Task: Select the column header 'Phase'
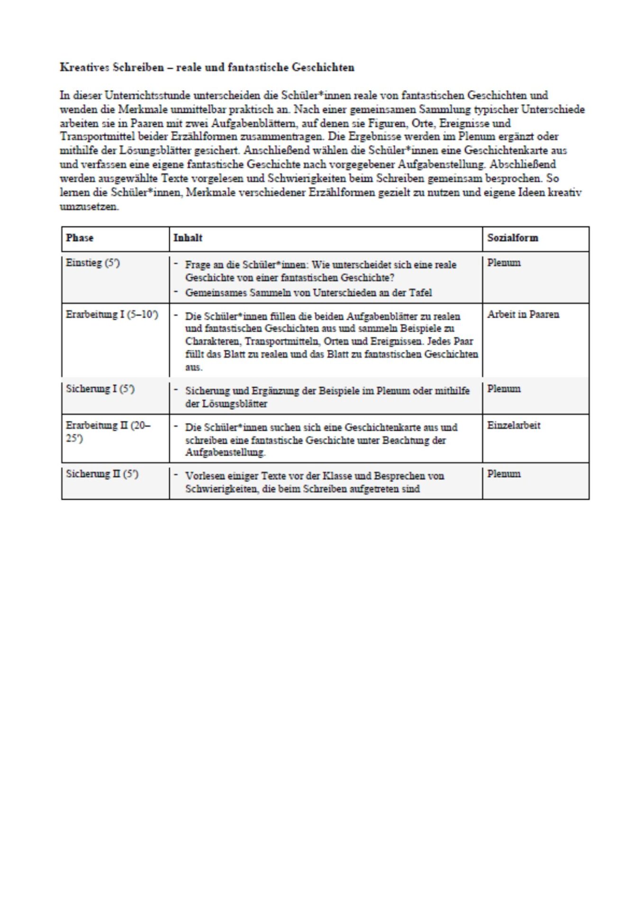click(80, 238)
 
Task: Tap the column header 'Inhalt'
click(188, 238)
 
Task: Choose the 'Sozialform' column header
click(513, 238)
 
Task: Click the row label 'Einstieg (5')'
click(93, 263)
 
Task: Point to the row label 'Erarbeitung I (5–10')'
click(112, 315)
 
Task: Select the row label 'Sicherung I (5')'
click(100, 389)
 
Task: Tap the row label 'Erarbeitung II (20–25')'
click(108, 431)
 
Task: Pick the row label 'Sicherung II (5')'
click(102, 474)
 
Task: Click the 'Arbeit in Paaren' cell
click(523, 315)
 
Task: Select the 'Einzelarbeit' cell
click(514, 426)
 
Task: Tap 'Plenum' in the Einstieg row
click(504, 263)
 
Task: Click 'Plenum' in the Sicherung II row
click(504, 474)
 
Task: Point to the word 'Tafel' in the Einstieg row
click(420, 293)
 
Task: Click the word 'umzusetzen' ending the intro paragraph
click(89, 207)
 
